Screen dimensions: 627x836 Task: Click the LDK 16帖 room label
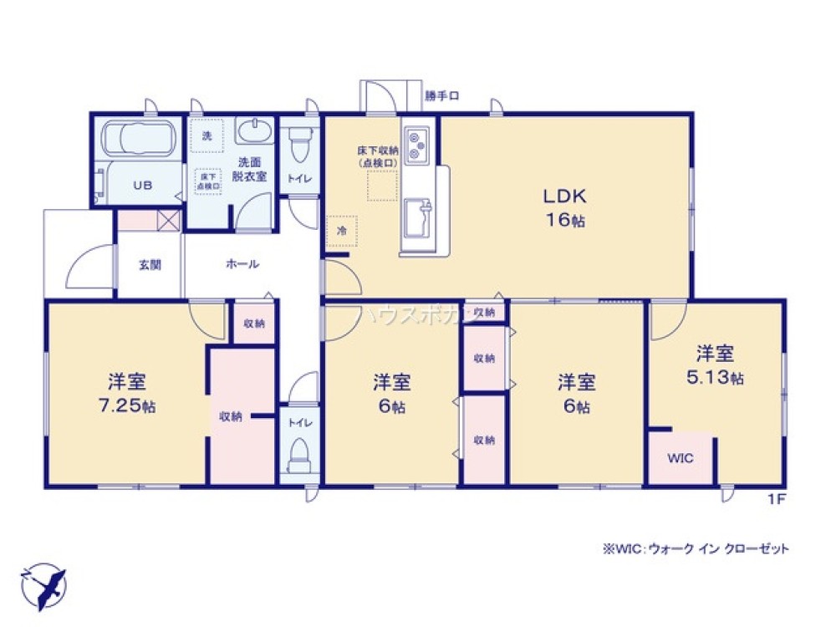[x=566, y=208]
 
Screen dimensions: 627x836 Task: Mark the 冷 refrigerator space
[x=342, y=230]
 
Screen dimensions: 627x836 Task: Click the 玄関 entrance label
[x=150, y=265]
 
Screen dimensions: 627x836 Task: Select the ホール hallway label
[x=242, y=264]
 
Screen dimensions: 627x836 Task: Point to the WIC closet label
[x=681, y=458]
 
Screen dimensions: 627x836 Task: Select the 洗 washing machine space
[x=206, y=136]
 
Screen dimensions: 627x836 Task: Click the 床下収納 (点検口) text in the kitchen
[x=378, y=155]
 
